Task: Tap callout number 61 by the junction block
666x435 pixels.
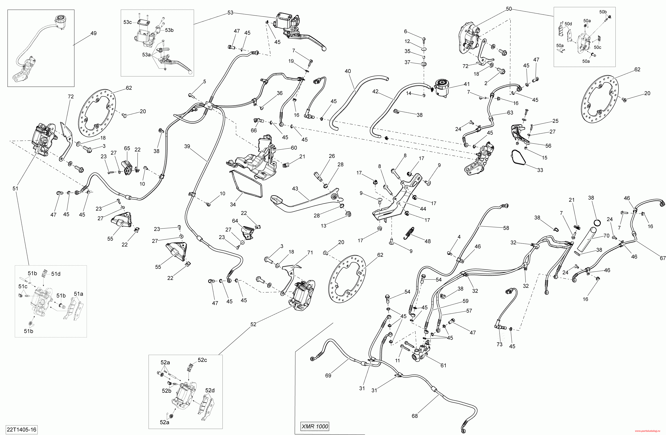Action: coord(443,365)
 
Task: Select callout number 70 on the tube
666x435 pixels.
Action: coord(606,236)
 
